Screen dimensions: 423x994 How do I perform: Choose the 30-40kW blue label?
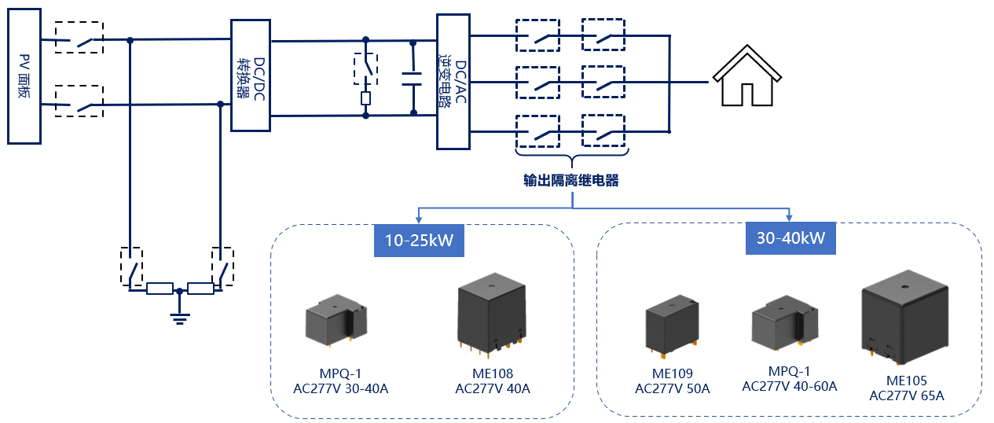coord(790,237)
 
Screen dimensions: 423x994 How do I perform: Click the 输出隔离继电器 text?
coord(571,181)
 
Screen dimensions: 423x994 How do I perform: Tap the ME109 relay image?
coord(672,326)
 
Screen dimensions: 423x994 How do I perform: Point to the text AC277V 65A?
coord(906,395)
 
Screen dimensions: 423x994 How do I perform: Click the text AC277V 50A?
coord(672,388)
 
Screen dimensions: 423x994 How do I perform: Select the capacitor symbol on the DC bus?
coord(412,77)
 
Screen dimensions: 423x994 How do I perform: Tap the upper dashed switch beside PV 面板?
coord(79,37)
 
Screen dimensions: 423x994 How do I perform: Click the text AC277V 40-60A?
coord(789,385)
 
